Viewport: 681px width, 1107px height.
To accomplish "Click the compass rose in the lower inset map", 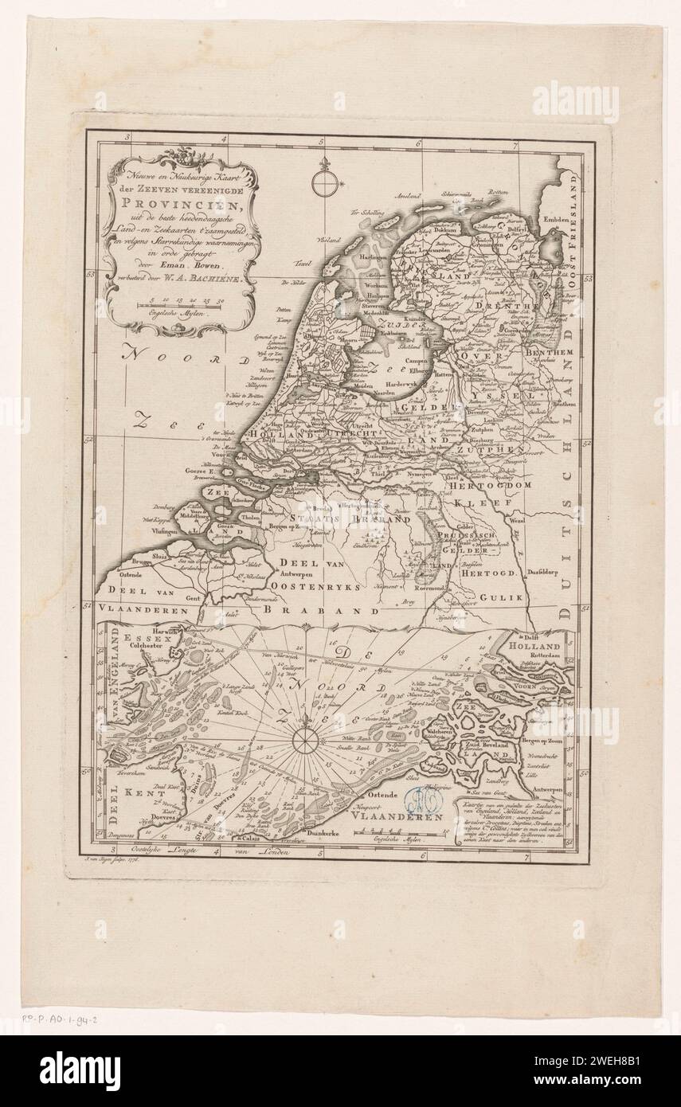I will click(x=303, y=741).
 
